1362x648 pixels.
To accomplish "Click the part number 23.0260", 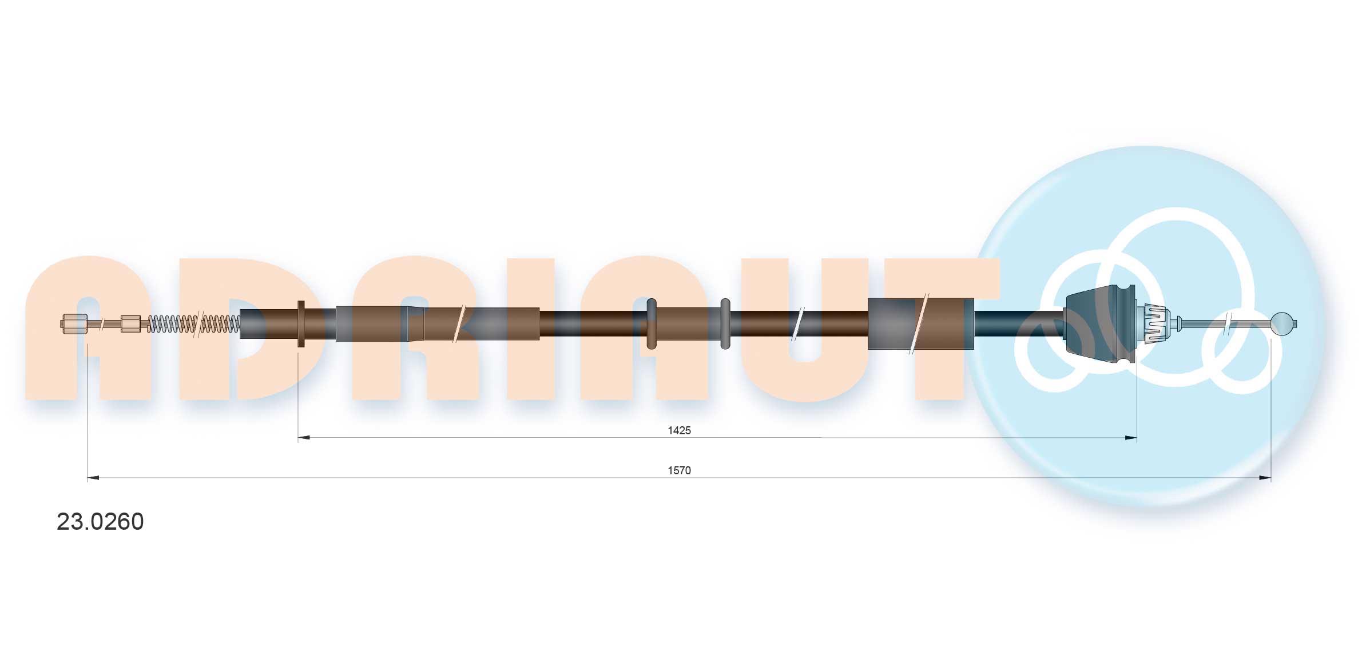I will pos(100,522).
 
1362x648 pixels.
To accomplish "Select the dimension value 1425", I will pos(679,430).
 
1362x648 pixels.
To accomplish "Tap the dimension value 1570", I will pos(679,470).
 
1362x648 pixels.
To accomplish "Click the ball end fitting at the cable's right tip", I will pos(1281,324).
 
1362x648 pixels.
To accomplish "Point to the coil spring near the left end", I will pos(193,324).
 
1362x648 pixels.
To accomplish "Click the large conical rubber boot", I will pos(1098,323).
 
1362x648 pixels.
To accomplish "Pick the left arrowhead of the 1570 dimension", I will pos(93,478).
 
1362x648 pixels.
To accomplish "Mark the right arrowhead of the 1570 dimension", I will pos(1265,478).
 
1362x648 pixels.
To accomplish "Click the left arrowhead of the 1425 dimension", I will pos(304,438).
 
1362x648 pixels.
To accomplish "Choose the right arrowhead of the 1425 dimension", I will pos(1130,438).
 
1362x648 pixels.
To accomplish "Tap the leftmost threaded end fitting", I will pos(74,324).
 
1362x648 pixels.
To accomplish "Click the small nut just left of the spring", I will pos(130,324).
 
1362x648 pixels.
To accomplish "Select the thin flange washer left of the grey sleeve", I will pos(301,323).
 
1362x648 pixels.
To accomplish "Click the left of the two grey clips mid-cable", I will pos(651,323).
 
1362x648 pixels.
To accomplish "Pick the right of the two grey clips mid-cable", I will pos(725,323).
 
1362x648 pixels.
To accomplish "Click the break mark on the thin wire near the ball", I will pos(1228,324).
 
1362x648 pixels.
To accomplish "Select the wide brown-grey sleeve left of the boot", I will pos(920,323).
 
